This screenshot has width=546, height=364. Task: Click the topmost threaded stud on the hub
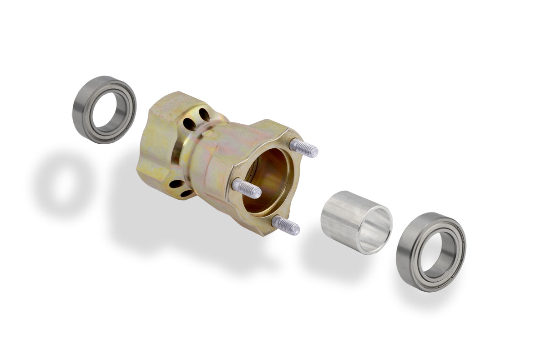pyautogui.click(x=304, y=148)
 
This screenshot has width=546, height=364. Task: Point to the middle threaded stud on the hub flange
pyautogui.click(x=247, y=188)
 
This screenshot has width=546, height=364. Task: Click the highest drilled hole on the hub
pyautogui.click(x=204, y=115)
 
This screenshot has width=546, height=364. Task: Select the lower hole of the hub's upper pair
pyautogui.click(x=189, y=123)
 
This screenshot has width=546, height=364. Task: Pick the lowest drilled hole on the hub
pyautogui.click(x=186, y=193)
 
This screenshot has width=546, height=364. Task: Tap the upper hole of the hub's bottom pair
pyautogui.click(x=176, y=184)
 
